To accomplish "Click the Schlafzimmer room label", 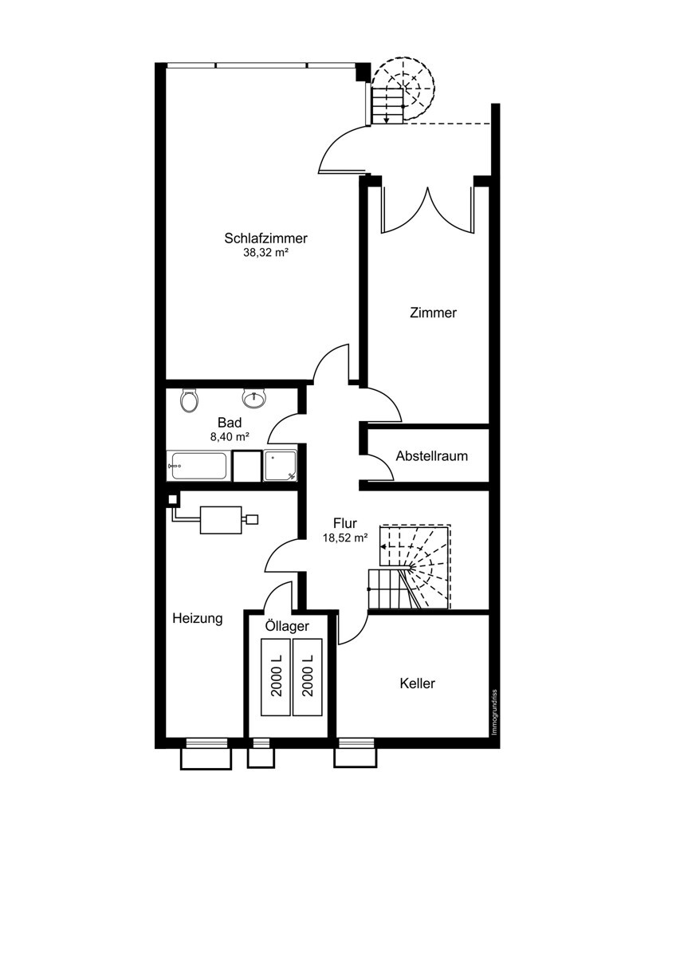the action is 265,238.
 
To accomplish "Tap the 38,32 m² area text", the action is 265,252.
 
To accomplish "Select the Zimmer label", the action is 433,313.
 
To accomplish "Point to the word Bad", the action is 230,423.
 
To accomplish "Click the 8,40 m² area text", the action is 230,437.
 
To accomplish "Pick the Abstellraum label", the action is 431,456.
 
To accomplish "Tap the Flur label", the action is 344,523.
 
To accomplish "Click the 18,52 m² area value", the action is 345,538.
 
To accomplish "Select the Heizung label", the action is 197,619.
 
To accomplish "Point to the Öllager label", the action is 287,626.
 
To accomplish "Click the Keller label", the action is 417,683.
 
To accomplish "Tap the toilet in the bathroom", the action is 189,400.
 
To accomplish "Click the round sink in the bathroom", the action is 253,398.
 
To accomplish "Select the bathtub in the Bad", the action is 197,465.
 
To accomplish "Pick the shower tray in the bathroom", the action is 280,465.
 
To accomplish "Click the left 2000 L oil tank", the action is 277,677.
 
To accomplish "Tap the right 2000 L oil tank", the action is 308,677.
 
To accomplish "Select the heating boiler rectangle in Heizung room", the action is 221,520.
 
